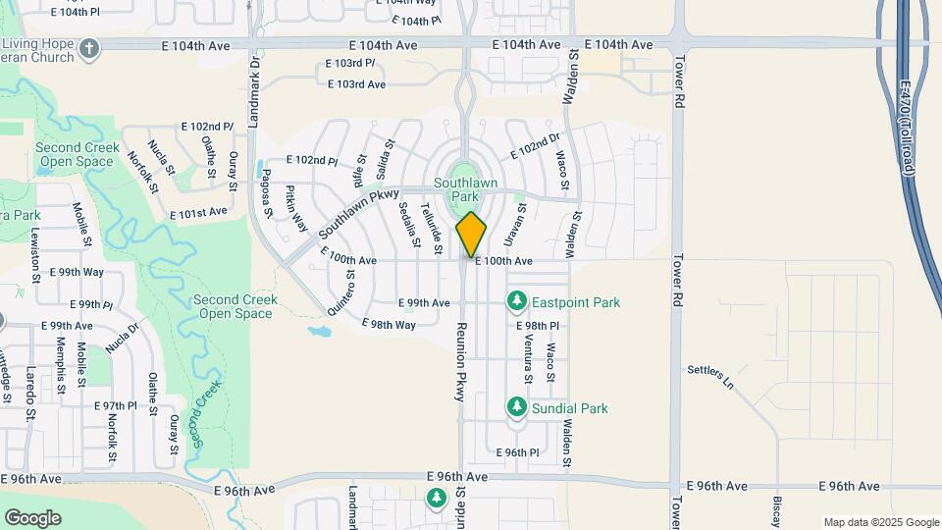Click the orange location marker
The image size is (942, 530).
(x=471, y=234)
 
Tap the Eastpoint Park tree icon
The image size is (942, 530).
(x=516, y=300)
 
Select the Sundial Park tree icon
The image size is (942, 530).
(x=516, y=406)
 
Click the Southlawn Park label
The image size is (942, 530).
(x=466, y=189)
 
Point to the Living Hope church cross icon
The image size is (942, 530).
(x=89, y=48)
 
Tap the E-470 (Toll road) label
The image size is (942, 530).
(x=908, y=128)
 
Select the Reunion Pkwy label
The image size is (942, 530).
(x=458, y=358)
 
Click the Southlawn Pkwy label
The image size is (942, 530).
(x=353, y=217)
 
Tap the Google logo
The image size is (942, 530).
(x=32, y=517)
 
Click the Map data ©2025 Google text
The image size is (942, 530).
(x=880, y=522)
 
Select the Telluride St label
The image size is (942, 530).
(x=428, y=225)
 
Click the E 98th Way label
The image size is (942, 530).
(x=389, y=324)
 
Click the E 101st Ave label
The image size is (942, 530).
(x=198, y=212)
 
